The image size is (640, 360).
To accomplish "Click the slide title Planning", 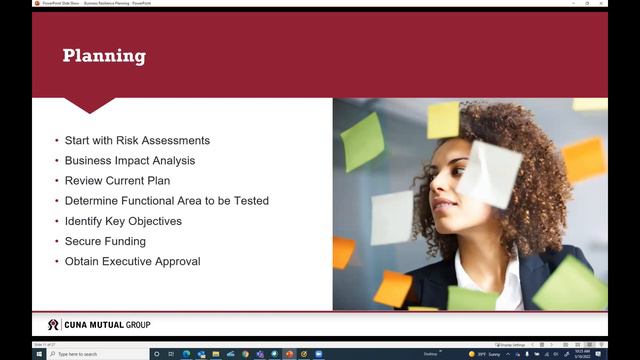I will point(104,56).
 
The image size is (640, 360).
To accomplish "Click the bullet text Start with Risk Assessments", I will point(137,140).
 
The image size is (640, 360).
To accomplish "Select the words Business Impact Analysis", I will point(130,160).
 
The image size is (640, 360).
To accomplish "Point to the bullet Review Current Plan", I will point(117,181).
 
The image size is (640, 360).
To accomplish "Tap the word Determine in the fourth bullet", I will point(90,201).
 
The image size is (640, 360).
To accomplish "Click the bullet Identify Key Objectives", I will point(123,221).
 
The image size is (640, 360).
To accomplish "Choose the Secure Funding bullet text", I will point(105,241).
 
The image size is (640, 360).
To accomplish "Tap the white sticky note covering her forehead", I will point(489,173).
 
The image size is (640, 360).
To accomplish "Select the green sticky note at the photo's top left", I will point(362,141).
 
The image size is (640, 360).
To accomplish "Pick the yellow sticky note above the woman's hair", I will point(443,120).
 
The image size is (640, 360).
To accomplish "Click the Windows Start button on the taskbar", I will point(38,354).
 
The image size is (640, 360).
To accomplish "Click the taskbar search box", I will point(95,354).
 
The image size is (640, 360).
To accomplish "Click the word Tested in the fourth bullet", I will point(252,201).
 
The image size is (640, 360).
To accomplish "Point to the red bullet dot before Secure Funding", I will point(56,241).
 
